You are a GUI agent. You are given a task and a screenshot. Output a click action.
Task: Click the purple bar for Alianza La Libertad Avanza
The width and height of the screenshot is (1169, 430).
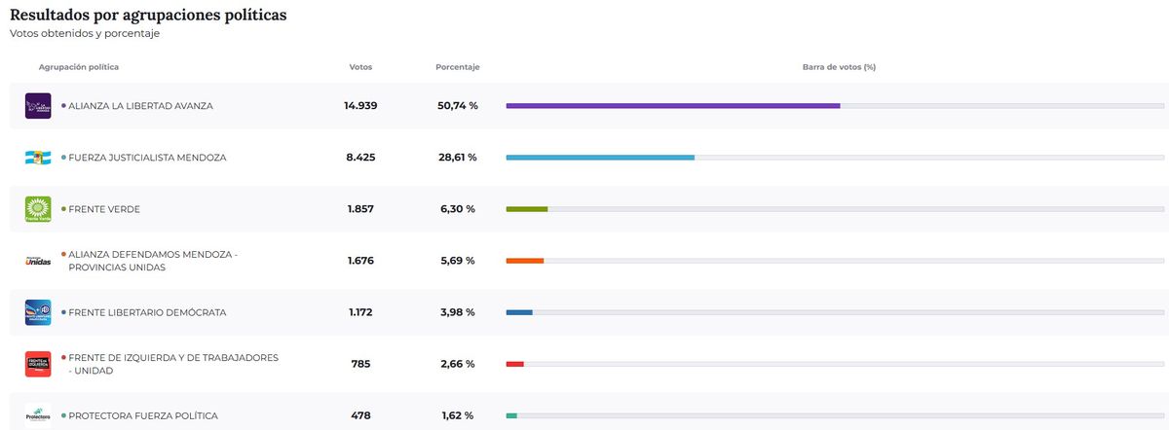[x=672, y=105]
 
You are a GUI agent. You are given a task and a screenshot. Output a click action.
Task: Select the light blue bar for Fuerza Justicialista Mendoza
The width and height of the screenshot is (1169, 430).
[x=600, y=157]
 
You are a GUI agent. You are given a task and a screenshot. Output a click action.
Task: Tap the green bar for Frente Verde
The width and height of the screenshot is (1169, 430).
[x=527, y=208]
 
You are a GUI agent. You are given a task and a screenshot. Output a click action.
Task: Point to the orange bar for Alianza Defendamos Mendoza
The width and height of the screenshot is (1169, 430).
[x=525, y=261]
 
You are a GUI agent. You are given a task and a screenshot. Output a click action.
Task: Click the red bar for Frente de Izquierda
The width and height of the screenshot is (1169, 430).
[x=515, y=364]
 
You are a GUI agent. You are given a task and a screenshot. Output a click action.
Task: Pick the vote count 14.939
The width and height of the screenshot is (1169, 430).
[x=360, y=105]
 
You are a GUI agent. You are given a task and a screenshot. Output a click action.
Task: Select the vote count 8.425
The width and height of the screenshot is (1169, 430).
[x=360, y=157]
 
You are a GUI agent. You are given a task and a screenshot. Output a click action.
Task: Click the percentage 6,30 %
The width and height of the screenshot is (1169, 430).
[x=457, y=209]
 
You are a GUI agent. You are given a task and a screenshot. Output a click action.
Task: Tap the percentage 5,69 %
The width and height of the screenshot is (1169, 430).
[x=457, y=261]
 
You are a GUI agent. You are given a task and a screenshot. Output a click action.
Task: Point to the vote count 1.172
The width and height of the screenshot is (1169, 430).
[x=360, y=312]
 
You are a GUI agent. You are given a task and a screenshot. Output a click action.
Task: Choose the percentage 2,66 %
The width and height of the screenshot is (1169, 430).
[x=457, y=364]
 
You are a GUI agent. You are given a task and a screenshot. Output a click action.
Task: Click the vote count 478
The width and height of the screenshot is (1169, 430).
[x=360, y=415]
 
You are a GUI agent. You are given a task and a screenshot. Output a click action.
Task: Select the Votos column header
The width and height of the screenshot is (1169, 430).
[x=360, y=67]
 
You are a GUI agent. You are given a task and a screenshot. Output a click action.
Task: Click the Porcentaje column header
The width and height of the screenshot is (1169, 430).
[x=457, y=67]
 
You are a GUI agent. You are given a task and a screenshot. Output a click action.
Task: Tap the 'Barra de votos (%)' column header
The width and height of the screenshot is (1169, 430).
[x=839, y=67]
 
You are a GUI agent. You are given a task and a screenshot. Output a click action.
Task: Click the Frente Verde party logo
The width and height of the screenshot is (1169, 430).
[x=38, y=209]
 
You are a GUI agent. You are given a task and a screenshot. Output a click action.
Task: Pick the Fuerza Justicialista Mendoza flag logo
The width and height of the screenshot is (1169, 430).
[x=38, y=158]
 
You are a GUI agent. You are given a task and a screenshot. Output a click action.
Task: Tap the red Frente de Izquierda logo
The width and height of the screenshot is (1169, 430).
[x=38, y=364]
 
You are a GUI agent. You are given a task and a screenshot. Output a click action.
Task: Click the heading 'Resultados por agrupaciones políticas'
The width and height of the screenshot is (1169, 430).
[x=148, y=16]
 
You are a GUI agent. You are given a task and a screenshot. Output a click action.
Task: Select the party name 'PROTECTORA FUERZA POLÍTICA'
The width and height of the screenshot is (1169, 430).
[x=143, y=415]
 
